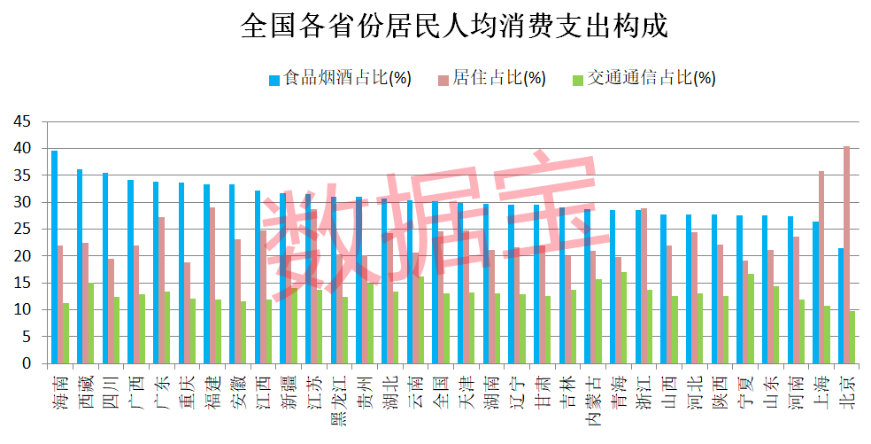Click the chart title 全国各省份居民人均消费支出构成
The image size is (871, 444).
(x=454, y=26)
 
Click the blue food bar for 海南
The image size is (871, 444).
(x=54, y=257)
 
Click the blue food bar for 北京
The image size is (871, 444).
(x=839, y=306)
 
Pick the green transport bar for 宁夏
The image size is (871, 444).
(x=752, y=319)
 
